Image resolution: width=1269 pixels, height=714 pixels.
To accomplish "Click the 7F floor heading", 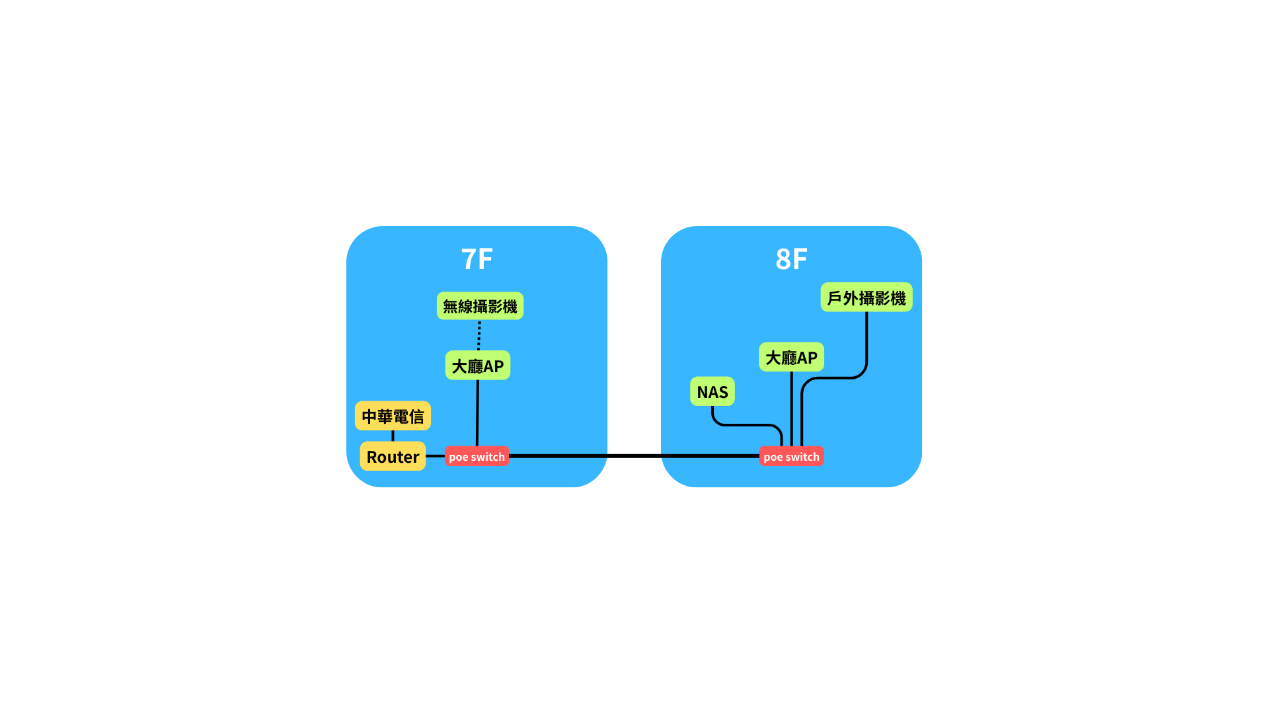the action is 477,259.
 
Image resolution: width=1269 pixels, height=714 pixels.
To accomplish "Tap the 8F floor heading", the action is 791,259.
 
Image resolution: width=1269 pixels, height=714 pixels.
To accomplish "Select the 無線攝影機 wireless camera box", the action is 480,306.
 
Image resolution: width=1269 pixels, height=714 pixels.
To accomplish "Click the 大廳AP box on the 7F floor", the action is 478,366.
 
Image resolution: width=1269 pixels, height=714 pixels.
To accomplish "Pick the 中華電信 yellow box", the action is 393,416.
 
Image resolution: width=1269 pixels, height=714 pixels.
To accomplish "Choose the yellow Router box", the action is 393,456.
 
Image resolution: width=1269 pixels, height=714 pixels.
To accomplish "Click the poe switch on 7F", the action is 477,456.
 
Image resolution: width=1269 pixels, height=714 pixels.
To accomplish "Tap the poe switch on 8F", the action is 791,456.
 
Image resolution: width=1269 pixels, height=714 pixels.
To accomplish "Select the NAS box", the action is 712,391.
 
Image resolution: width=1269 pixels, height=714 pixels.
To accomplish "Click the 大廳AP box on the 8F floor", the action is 791,357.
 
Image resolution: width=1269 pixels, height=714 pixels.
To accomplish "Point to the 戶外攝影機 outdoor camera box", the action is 866,297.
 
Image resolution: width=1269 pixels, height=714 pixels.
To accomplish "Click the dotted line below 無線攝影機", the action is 479,335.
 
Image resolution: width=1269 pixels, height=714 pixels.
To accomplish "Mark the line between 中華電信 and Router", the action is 393,436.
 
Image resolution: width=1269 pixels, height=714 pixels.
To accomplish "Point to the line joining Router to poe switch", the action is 435,456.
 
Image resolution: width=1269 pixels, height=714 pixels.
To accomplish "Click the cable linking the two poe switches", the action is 634,456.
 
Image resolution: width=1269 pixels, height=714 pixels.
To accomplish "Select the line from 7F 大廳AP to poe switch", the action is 477,413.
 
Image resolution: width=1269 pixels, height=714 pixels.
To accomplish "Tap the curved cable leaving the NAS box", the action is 747,425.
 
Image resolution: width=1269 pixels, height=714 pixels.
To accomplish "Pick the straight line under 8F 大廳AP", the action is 791,409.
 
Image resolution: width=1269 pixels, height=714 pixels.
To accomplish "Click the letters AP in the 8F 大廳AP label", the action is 808,358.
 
